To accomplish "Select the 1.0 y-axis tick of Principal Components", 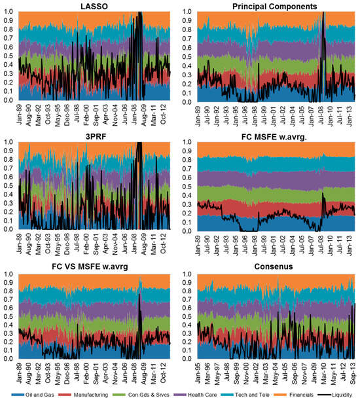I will click(x=190, y=12).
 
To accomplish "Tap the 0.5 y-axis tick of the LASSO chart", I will click(x=9, y=56).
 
